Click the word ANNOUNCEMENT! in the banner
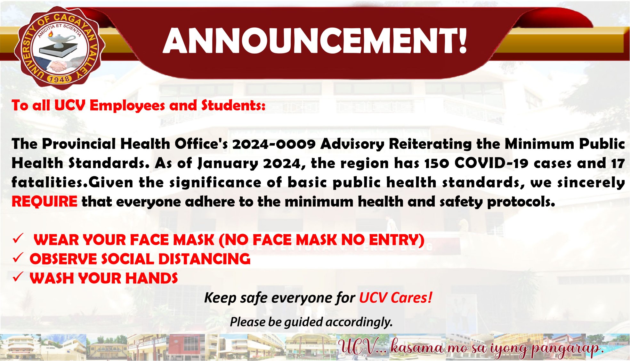click(x=315, y=41)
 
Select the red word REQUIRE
click(x=44, y=202)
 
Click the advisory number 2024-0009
click(x=274, y=144)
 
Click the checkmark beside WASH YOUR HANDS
click(x=18, y=277)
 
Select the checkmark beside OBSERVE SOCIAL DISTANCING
click(x=18, y=257)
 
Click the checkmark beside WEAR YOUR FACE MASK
click(x=18, y=239)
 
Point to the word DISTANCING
click(x=204, y=259)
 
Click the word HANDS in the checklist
click(x=151, y=278)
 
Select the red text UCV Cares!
click(x=396, y=298)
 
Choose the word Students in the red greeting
click(x=233, y=105)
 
